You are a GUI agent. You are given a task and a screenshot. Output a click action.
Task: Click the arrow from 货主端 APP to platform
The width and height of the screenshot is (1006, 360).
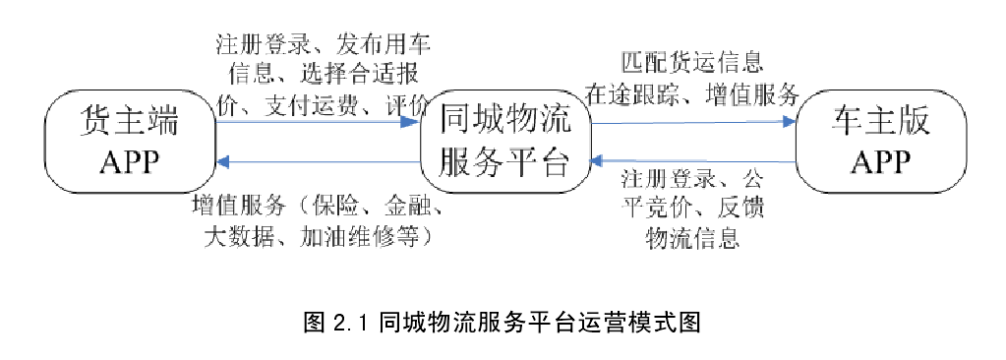[x=315, y=120]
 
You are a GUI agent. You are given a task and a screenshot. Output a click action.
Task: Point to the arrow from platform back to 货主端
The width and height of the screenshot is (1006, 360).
[x=315, y=161]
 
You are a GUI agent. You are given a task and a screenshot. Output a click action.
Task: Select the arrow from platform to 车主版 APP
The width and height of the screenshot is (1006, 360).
[x=693, y=123]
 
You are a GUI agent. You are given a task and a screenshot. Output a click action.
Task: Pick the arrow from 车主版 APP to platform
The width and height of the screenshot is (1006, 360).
[x=693, y=160]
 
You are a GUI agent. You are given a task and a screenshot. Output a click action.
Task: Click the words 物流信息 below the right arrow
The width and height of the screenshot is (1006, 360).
[x=692, y=237]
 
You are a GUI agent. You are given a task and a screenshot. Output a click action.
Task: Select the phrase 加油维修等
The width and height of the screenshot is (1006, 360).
[x=372, y=237]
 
